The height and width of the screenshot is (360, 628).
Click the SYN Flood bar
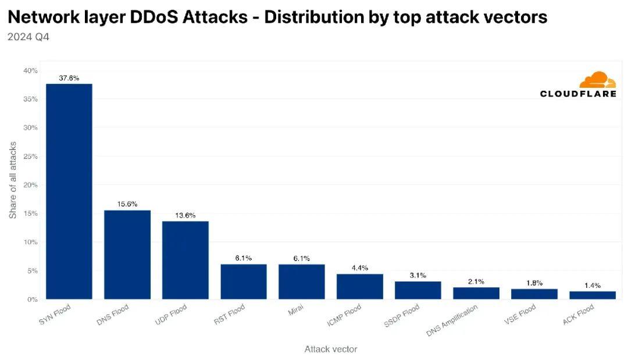click(69, 192)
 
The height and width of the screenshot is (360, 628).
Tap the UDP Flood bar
click(185, 260)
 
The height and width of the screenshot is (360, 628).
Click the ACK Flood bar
click(592, 295)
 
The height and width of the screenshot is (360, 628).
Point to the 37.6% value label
click(69, 78)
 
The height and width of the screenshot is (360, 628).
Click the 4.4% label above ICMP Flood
click(360, 268)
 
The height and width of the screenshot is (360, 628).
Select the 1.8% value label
click(534, 283)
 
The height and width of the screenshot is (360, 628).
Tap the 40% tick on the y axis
click(30, 70)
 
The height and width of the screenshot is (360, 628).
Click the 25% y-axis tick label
click(30, 156)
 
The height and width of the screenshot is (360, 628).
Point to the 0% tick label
click(32, 299)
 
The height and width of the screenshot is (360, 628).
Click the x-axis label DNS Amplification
click(453, 320)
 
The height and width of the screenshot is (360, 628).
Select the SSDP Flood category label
click(402, 316)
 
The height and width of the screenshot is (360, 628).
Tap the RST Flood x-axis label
click(229, 315)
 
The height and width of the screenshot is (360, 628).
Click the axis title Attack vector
click(331, 349)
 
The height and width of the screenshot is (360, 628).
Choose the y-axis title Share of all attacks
click(13, 180)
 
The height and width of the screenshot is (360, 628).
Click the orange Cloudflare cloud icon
click(598, 80)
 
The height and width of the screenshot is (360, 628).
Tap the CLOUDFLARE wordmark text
click(578, 94)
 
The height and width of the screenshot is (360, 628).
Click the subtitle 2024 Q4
click(27, 37)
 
